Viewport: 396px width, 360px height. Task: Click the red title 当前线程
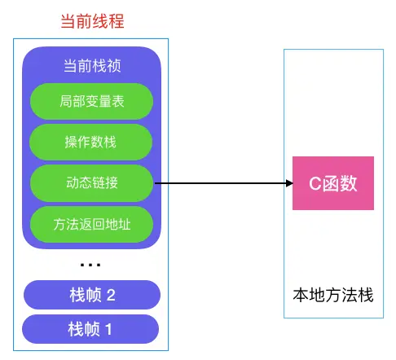tap(91, 21)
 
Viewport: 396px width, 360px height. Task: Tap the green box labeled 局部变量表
tap(91, 102)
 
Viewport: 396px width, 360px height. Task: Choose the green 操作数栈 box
tap(91, 142)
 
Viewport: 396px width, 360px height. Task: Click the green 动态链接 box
tap(91, 182)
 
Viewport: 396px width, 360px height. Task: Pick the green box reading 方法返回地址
tap(91, 222)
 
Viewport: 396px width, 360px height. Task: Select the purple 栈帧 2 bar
tap(91, 295)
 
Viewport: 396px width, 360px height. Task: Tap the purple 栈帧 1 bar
tap(91, 330)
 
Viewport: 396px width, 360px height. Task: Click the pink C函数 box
tap(333, 183)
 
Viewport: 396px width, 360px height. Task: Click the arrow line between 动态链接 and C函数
tap(220, 183)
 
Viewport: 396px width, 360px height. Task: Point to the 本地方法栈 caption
tap(333, 295)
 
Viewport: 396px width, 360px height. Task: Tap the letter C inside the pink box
tap(314, 183)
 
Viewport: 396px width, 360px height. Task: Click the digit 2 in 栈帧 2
tap(111, 295)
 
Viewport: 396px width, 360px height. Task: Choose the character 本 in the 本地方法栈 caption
tap(301, 295)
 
